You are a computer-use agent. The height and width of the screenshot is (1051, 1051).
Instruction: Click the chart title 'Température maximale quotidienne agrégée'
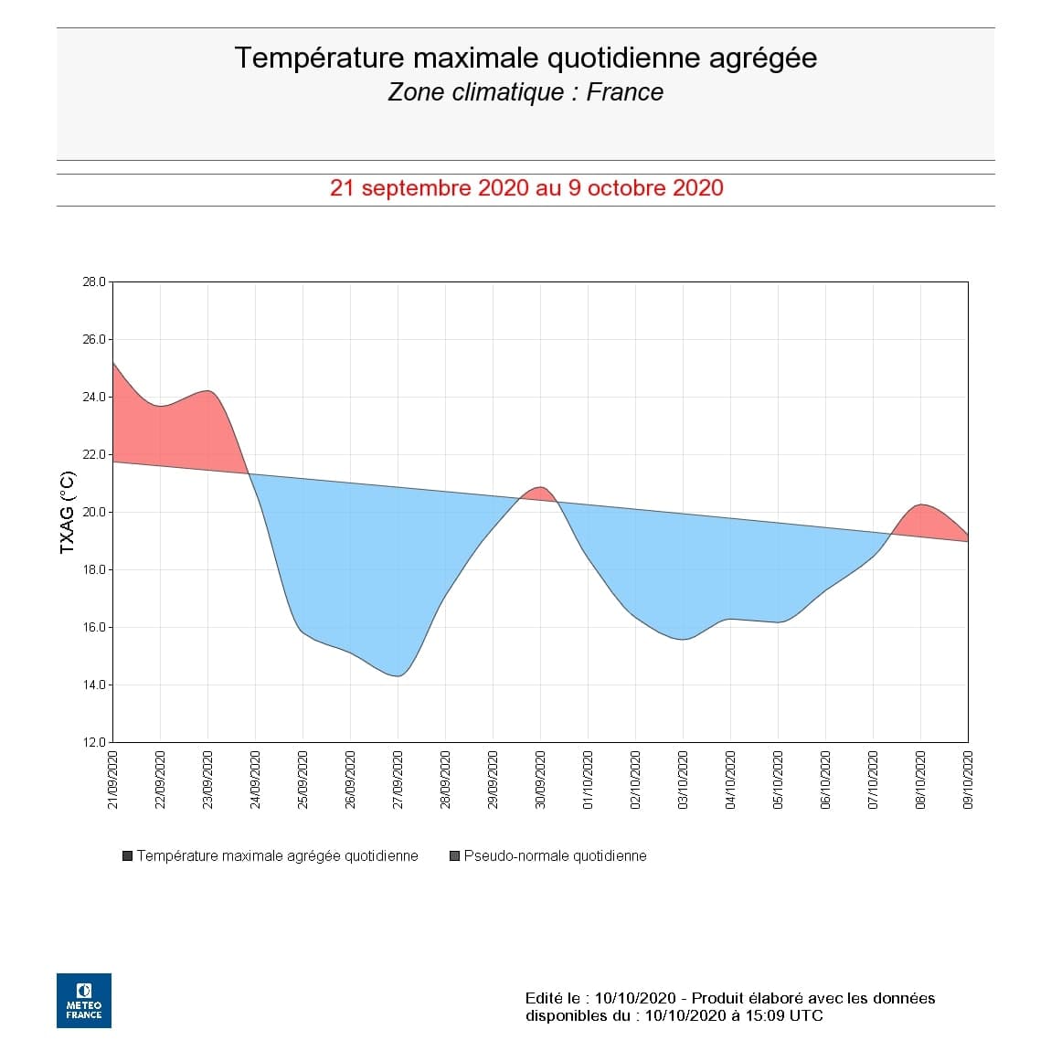pos(525,58)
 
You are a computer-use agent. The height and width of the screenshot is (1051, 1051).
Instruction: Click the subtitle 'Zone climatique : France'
pos(525,92)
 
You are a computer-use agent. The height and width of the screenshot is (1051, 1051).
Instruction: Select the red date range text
pos(525,188)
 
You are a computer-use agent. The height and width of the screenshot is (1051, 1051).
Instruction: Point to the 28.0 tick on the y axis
pos(95,282)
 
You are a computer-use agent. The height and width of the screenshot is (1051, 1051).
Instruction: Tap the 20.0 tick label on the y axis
pos(95,513)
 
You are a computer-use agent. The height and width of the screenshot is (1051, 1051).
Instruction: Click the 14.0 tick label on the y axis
pos(95,685)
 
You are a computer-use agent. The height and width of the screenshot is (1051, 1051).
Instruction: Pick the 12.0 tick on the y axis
pos(95,743)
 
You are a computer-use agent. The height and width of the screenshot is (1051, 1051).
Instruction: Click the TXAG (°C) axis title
pos(67,513)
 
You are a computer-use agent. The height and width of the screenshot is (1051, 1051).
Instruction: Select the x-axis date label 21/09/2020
pos(113,780)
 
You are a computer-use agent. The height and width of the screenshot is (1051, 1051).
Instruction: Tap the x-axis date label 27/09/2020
pos(398,780)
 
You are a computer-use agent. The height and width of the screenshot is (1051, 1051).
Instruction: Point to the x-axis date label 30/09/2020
pos(541,780)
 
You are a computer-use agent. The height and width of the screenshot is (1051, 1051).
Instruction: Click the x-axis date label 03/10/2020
pos(684,780)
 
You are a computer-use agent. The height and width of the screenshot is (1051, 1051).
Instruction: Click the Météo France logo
pos(84,1001)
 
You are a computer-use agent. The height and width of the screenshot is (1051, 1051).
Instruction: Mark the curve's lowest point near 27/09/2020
pos(398,675)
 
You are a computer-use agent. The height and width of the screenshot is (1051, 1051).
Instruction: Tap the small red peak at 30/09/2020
pos(540,488)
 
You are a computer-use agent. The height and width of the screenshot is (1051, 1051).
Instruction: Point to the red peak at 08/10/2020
pos(920,505)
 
